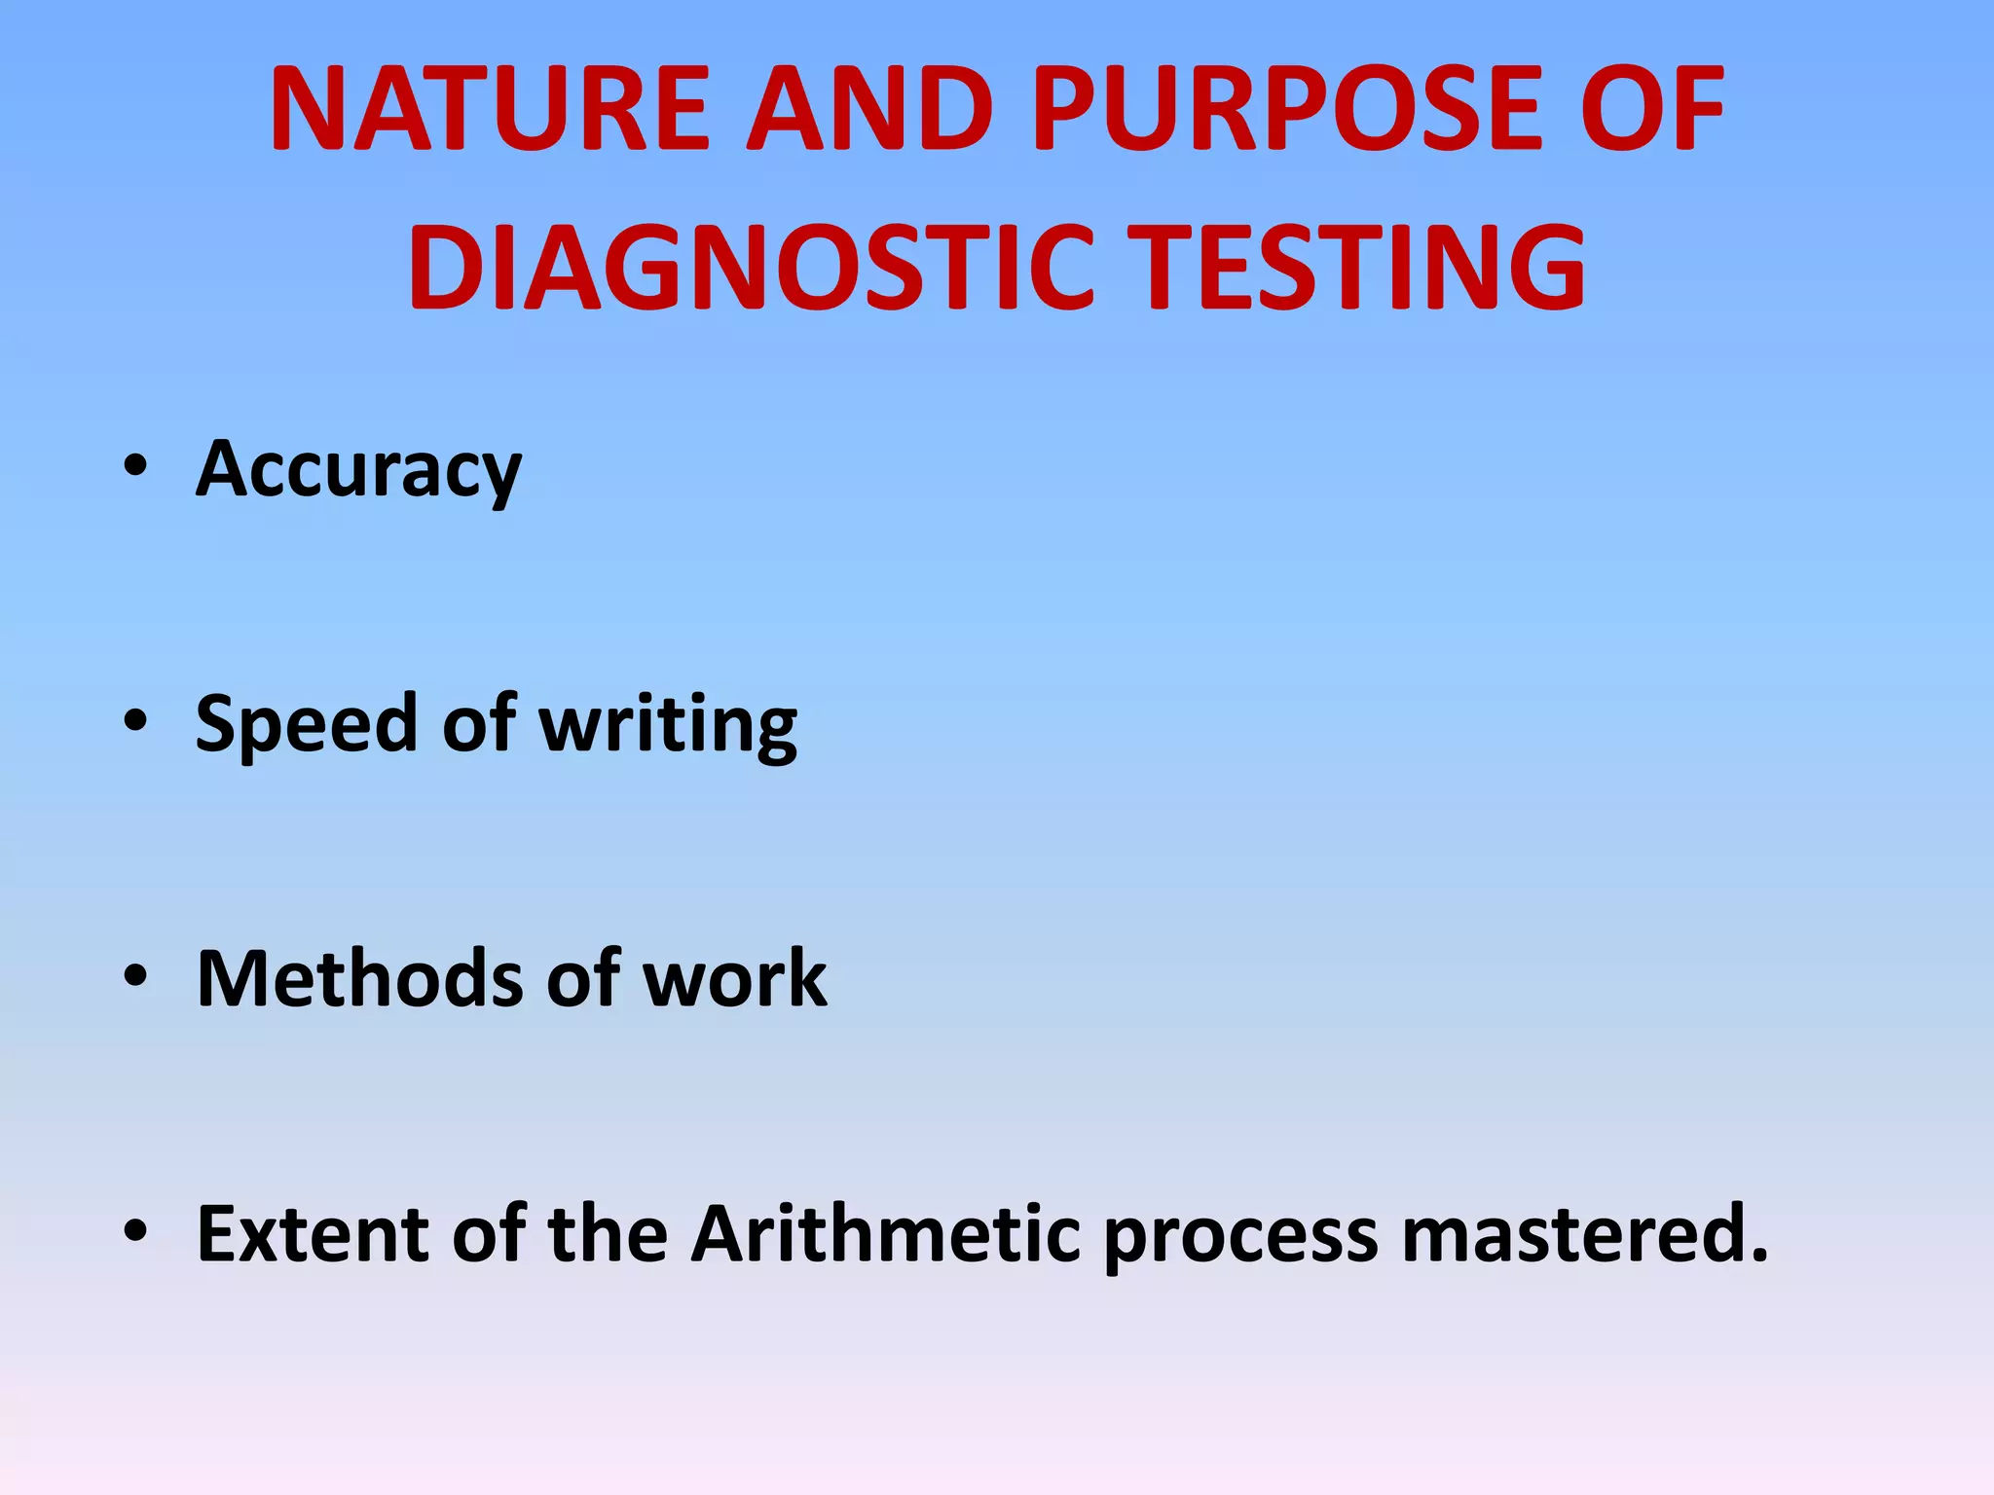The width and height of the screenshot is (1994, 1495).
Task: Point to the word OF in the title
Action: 1651,109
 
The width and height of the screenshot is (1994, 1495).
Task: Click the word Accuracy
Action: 358,469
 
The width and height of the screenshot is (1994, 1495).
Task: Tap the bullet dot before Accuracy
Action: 135,466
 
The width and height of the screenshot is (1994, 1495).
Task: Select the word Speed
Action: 306,724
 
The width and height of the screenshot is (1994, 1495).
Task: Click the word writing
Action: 668,724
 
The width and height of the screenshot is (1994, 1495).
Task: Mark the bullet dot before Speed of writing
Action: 135,721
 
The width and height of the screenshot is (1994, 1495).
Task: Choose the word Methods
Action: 359,978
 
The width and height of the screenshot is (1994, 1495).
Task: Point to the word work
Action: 734,978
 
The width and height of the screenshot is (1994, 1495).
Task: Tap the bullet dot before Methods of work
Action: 135,976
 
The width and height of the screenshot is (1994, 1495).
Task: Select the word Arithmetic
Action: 885,1233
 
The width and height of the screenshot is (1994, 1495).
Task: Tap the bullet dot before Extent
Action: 135,1231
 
